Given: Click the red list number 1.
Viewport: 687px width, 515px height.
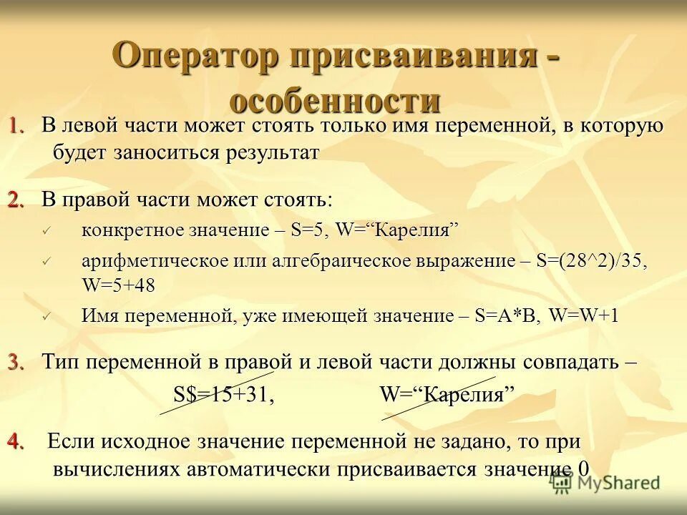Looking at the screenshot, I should point(17,126).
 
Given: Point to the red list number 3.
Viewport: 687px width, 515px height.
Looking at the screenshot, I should point(17,361).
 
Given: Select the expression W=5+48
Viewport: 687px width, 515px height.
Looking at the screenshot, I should point(119,285).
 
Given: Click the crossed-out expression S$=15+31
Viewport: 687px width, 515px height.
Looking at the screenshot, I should point(224,395).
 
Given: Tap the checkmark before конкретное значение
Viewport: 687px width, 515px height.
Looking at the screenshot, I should point(48,231).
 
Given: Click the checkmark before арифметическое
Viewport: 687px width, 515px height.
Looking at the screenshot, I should point(48,262).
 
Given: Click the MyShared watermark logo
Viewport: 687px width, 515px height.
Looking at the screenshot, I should point(605,483).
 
